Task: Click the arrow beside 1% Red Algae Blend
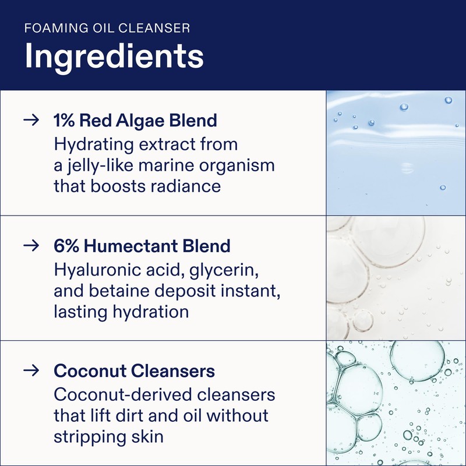click(31, 121)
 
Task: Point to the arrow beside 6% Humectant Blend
click(31, 246)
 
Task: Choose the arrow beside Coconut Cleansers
click(31, 370)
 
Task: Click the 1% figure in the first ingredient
click(64, 121)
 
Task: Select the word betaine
click(117, 291)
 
